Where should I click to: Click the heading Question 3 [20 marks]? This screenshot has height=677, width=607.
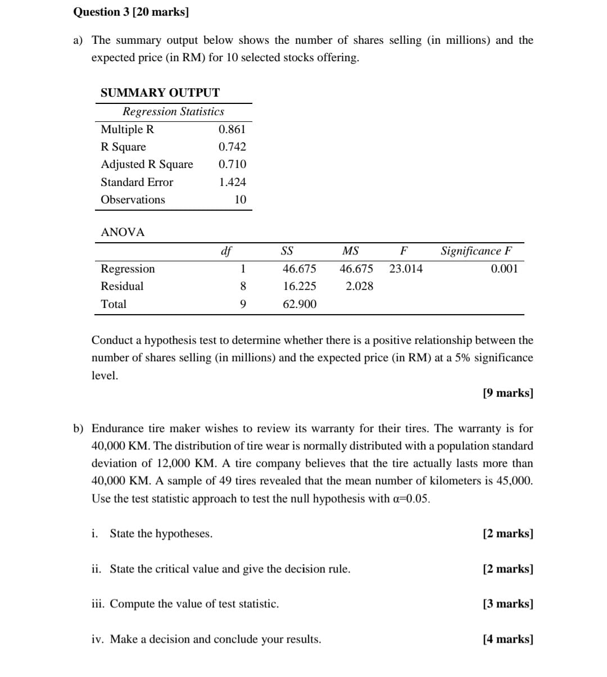[x=130, y=12]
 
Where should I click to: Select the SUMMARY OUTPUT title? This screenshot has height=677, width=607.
[x=160, y=93]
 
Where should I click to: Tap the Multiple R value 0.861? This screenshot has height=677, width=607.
[x=232, y=129]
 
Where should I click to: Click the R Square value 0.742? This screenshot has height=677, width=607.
[x=232, y=147]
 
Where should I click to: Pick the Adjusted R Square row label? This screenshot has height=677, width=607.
[x=147, y=164]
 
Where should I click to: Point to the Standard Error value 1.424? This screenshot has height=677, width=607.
[x=232, y=182]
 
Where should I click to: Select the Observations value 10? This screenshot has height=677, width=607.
[x=240, y=199]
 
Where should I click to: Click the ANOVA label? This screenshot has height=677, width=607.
[x=123, y=232]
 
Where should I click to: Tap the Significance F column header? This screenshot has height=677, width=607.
[x=476, y=251]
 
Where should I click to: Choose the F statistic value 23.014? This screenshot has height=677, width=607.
[x=406, y=269]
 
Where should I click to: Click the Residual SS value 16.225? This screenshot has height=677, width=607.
[x=299, y=286]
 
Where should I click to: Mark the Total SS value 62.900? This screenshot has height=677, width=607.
[x=299, y=304]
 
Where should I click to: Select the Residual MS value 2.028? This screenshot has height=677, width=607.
[x=359, y=286]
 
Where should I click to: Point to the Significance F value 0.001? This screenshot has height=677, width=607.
[x=504, y=269]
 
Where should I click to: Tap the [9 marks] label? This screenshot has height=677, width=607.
[x=508, y=393]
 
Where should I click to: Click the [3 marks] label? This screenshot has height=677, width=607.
[x=508, y=604]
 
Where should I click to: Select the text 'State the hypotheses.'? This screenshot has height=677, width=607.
[x=161, y=533]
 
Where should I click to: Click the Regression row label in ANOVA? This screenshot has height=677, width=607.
[x=128, y=269]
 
